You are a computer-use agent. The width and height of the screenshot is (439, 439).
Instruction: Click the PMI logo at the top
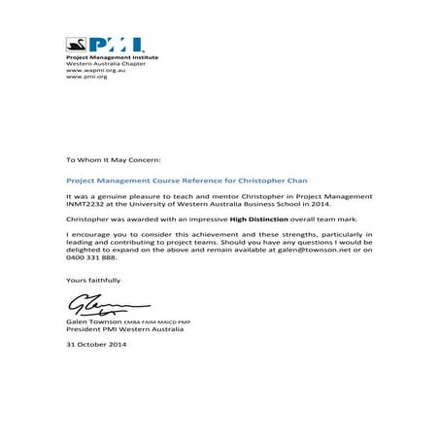(x=104, y=46)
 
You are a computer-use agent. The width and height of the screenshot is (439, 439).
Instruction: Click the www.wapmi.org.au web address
(x=86, y=70)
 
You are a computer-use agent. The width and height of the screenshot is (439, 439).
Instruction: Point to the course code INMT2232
(x=84, y=204)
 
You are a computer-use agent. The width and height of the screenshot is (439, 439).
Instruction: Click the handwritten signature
(x=93, y=305)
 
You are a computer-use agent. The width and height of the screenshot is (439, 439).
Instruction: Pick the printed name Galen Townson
(x=93, y=321)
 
